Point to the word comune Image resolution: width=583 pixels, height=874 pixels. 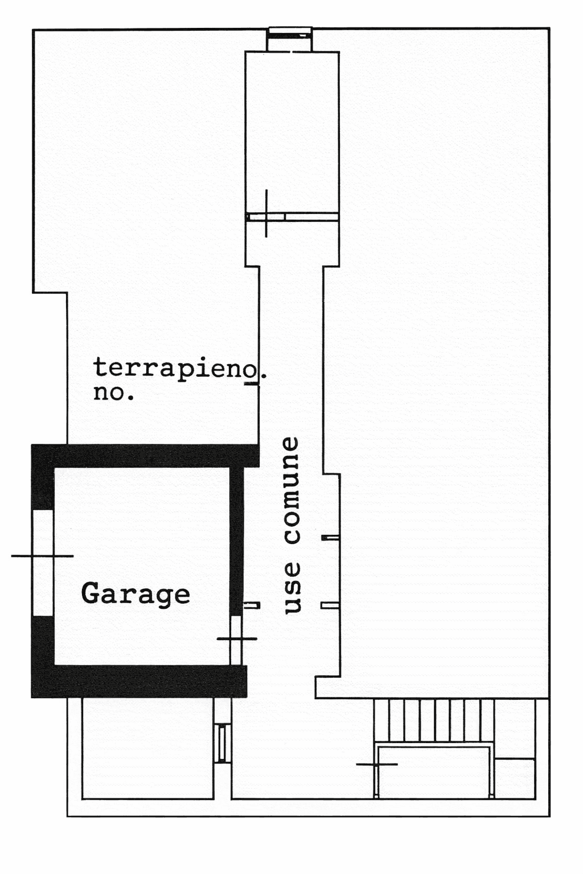[x=291, y=490]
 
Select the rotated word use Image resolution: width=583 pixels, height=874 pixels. [x=291, y=588]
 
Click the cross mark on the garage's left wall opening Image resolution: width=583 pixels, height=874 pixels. [x=42, y=556]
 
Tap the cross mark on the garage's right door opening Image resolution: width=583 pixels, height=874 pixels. [x=237, y=639]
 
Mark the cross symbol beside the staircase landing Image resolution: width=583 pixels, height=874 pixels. [x=376, y=764]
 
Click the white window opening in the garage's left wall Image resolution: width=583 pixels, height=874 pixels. [x=43, y=563]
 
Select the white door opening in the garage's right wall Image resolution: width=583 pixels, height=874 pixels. [x=236, y=640]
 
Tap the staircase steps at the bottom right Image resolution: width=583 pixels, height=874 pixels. [x=433, y=720]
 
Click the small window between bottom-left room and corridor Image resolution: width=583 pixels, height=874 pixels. [x=223, y=744]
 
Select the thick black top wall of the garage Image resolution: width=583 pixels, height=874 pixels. [x=145, y=456]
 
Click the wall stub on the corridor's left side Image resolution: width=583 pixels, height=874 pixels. [x=252, y=605]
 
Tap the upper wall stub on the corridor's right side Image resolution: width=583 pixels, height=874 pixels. [x=330, y=537]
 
